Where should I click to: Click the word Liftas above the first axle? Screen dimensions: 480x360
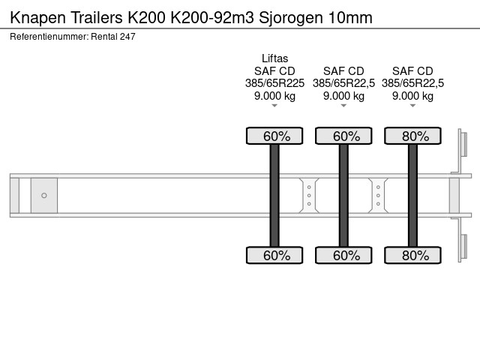click(x=274, y=58)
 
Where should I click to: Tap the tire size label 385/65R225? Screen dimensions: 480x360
click(x=274, y=83)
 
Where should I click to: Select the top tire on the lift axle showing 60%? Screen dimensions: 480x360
click(x=274, y=136)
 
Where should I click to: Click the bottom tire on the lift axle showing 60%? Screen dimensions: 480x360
click(x=274, y=255)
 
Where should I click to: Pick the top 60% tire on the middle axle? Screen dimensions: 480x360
click(x=343, y=136)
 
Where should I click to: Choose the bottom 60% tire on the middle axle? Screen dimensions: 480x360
click(x=343, y=255)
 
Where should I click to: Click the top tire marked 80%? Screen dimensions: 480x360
click(x=412, y=136)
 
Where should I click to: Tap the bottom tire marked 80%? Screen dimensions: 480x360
click(x=412, y=255)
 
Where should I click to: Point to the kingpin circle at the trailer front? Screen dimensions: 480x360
click(x=44, y=195)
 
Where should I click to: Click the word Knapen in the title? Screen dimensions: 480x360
click(x=38, y=18)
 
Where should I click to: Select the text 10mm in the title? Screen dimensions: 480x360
click(x=350, y=18)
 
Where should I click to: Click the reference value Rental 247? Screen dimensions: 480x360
click(x=113, y=37)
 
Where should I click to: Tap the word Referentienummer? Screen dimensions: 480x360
click(x=49, y=37)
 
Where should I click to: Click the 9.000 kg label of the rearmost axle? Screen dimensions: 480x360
click(x=412, y=96)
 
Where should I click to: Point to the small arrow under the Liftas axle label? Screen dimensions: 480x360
click(x=274, y=106)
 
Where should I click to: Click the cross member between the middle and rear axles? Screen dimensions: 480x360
click(x=378, y=195)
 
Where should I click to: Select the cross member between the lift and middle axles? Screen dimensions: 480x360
click(x=309, y=195)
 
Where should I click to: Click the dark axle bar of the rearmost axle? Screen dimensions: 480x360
click(x=412, y=195)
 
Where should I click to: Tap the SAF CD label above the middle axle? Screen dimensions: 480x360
click(x=343, y=71)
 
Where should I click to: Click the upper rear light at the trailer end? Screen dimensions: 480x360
click(x=463, y=144)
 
